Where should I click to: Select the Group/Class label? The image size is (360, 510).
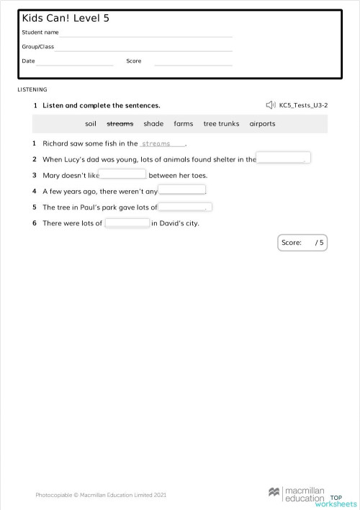click(37, 47)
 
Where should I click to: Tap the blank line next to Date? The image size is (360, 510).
click(75, 62)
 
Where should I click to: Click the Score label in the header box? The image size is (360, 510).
click(134, 61)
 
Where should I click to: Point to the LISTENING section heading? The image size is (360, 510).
click(32, 89)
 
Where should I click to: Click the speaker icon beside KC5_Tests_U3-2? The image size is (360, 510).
click(270, 105)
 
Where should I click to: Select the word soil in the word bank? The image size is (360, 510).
click(91, 124)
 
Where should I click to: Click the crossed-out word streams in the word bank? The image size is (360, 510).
click(120, 124)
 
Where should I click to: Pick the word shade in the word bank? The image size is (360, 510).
click(153, 124)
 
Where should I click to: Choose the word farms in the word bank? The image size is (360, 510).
click(184, 124)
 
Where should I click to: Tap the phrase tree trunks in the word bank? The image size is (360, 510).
click(221, 124)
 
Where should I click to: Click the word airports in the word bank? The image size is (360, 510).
click(262, 124)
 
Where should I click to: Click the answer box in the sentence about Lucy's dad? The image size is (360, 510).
click(284, 158)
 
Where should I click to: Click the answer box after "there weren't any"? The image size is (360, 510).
click(181, 191)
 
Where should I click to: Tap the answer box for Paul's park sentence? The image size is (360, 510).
click(185, 207)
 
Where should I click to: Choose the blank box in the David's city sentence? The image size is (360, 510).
click(127, 223)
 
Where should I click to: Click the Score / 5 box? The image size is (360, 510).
click(302, 243)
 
